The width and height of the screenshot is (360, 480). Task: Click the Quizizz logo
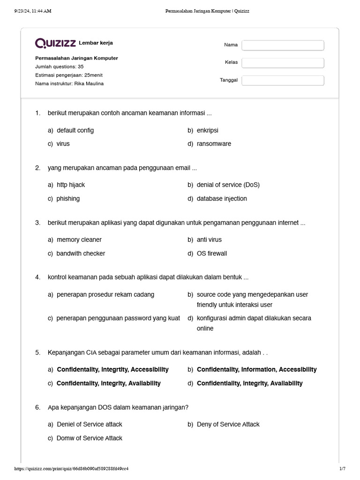[x=55, y=43]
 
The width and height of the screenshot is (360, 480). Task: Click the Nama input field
[x=283, y=45]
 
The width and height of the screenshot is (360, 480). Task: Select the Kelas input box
[x=283, y=63]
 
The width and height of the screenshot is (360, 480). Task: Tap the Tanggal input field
[x=283, y=81]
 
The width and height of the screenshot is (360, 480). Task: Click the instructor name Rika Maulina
[x=89, y=83]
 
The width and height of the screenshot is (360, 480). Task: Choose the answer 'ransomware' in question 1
[x=214, y=144]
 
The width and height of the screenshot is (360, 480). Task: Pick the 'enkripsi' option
[x=207, y=130]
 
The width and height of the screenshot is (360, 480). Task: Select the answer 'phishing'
[x=68, y=199]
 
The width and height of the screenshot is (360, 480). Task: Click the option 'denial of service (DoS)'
[x=228, y=185]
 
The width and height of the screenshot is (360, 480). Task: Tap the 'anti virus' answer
[x=209, y=240]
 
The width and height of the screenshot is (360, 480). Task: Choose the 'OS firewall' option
[x=211, y=254]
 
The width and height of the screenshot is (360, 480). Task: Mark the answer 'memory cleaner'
[x=79, y=240]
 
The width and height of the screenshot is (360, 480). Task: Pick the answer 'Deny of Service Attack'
[x=228, y=424]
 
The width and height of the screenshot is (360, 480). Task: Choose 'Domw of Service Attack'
[x=89, y=438]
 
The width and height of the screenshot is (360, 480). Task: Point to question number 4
[x=37, y=277]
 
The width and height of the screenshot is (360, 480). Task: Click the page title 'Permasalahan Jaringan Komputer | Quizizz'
[x=207, y=11]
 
